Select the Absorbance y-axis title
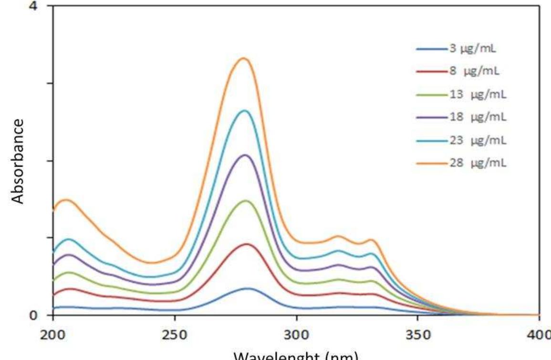pos(18,161)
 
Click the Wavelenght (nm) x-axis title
pos(296,355)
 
